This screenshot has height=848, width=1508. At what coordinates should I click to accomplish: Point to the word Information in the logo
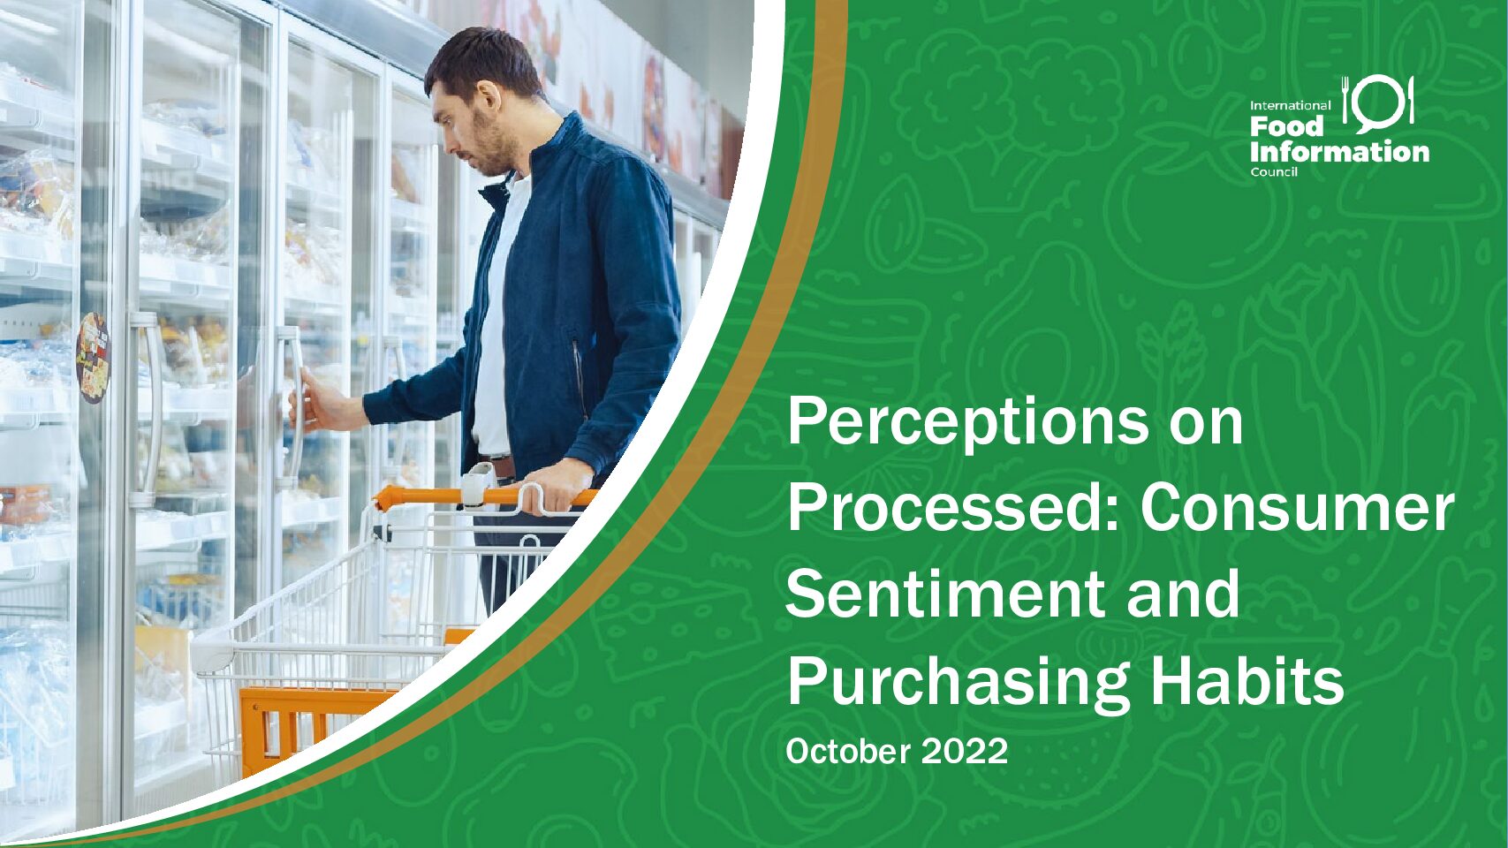pos(1339,152)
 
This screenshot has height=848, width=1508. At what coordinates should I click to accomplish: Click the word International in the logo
pos(1291,106)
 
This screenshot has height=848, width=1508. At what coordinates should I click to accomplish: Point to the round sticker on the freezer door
pos(94,358)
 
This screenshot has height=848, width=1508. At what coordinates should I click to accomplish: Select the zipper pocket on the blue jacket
pos(578,375)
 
